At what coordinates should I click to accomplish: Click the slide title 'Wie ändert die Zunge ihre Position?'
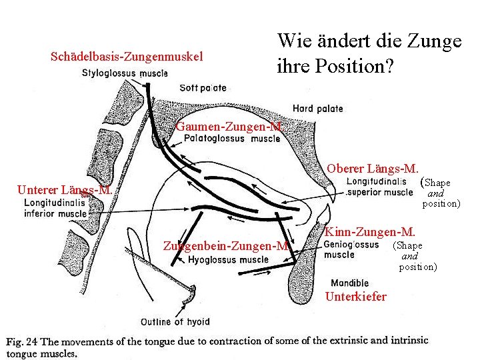pyautogui.click(x=369, y=53)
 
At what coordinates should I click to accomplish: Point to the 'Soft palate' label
pyautogui.click(x=203, y=87)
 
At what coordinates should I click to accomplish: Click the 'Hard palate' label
pyautogui.click(x=317, y=109)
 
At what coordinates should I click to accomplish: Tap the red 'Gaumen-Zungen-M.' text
pyautogui.click(x=231, y=127)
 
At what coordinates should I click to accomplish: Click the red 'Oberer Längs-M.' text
pyautogui.click(x=372, y=169)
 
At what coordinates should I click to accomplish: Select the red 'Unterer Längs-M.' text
pyautogui.click(x=64, y=189)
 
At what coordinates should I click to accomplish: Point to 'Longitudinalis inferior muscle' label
pyautogui.click(x=55, y=209)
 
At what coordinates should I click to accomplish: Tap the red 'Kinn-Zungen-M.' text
pyautogui.click(x=369, y=232)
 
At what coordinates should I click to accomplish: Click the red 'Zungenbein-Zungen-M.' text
pyautogui.click(x=235, y=247)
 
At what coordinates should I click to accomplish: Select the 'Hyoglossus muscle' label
pyautogui.click(x=229, y=260)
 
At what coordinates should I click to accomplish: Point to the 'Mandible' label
pyautogui.click(x=349, y=283)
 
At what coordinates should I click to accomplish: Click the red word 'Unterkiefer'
pyautogui.click(x=355, y=297)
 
